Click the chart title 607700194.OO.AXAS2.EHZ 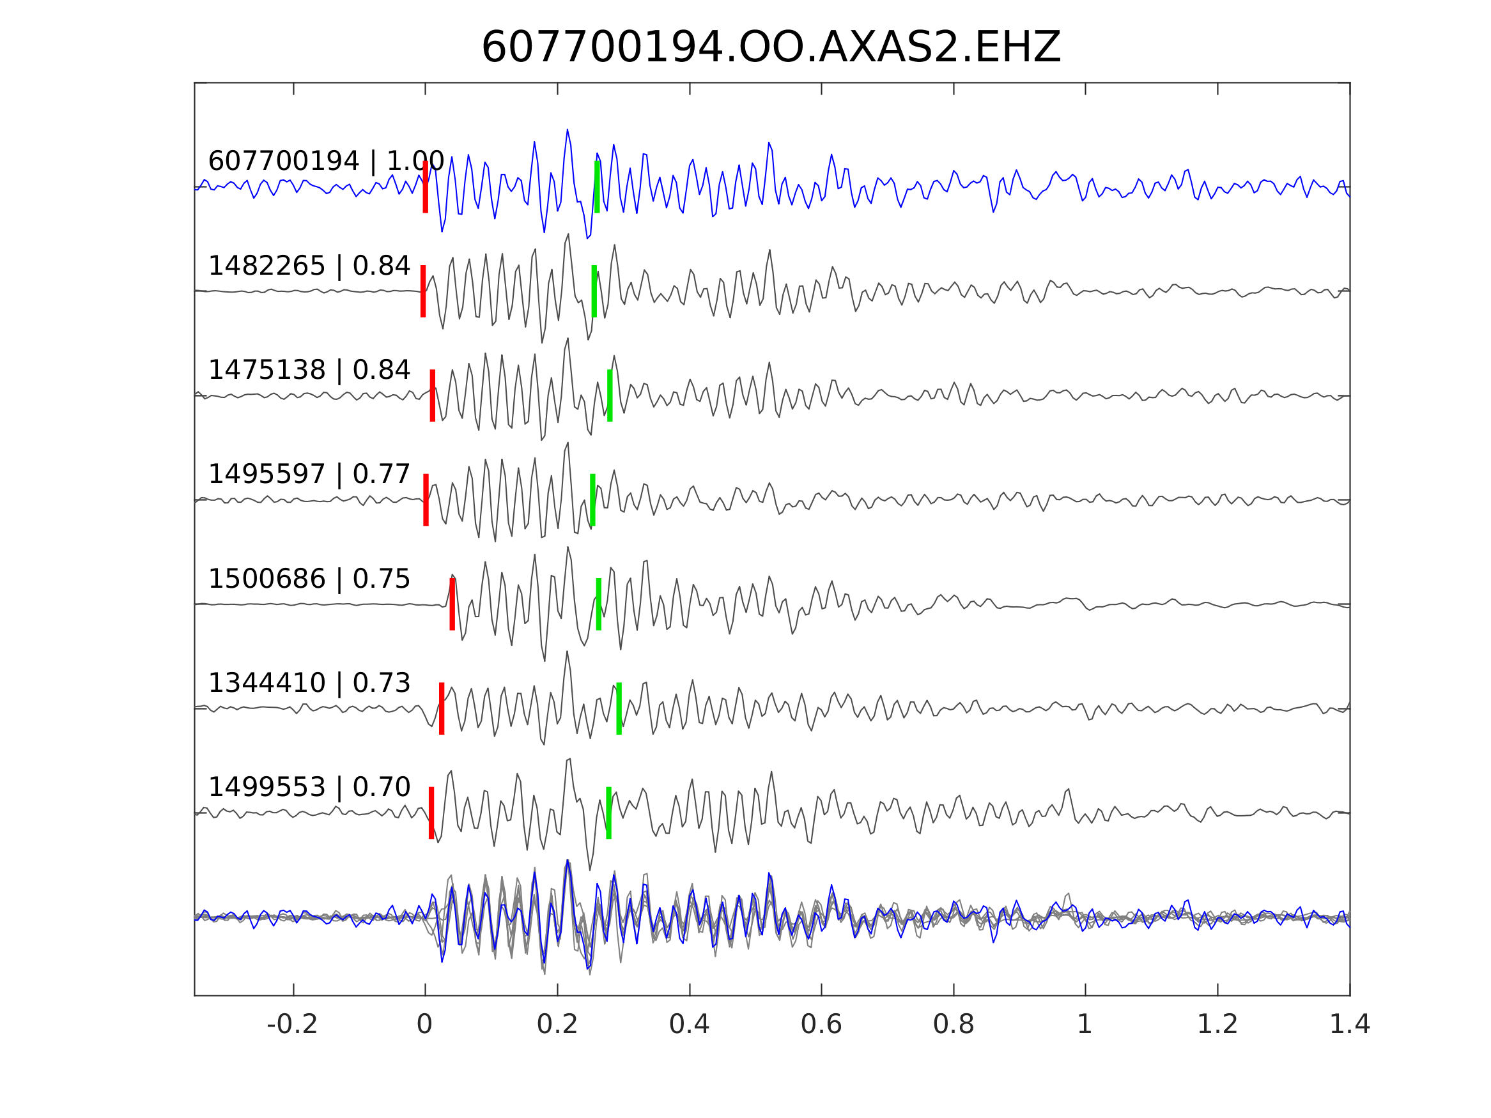(x=771, y=48)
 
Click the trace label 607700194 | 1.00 (x=325, y=162)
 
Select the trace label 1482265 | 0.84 (x=309, y=266)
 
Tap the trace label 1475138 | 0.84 (x=309, y=370)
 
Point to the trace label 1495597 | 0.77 (x=309, y=475)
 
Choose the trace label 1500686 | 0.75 (x=309, y=579)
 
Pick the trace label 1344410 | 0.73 (x=309, y=684)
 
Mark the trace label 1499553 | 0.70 (x=309, y=787)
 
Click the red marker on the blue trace (x=426, y=187)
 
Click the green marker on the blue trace (x=597, y=187)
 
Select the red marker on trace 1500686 (x=452, y=604)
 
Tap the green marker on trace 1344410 (x=619, y=708)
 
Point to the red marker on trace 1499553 (x=431, y=813)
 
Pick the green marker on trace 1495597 (x=592, y=500)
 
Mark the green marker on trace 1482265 (x=594, y=291)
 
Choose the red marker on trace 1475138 (x=433, y=395)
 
